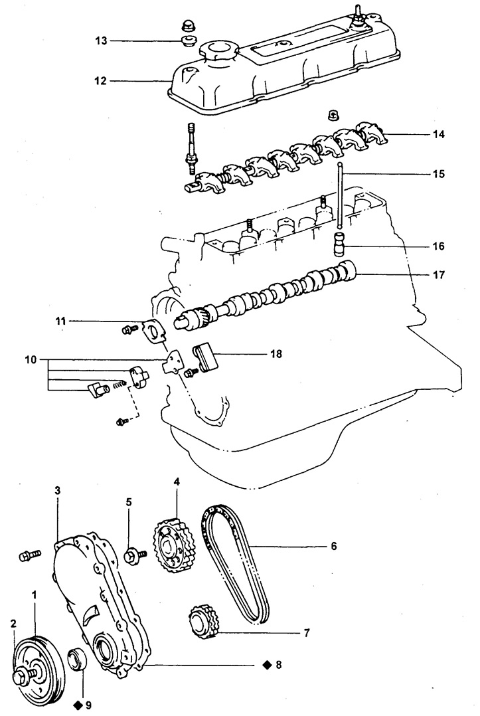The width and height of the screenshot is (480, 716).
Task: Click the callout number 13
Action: click(x=101, y=41)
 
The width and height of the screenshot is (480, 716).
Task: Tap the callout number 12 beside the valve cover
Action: click(x=101, y=81)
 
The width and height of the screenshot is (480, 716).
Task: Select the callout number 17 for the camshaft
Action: click(x=438, y=275)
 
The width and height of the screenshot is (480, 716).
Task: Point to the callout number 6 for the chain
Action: click(x=333, y=546)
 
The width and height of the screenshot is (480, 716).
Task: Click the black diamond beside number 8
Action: click(x=267, y=665)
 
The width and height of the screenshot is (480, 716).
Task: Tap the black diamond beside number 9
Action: click(x=78, y=705)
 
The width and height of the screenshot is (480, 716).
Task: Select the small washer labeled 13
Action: click(x=187, y=41)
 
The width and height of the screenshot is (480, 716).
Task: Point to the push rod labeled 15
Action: click(x=339, y=195)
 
